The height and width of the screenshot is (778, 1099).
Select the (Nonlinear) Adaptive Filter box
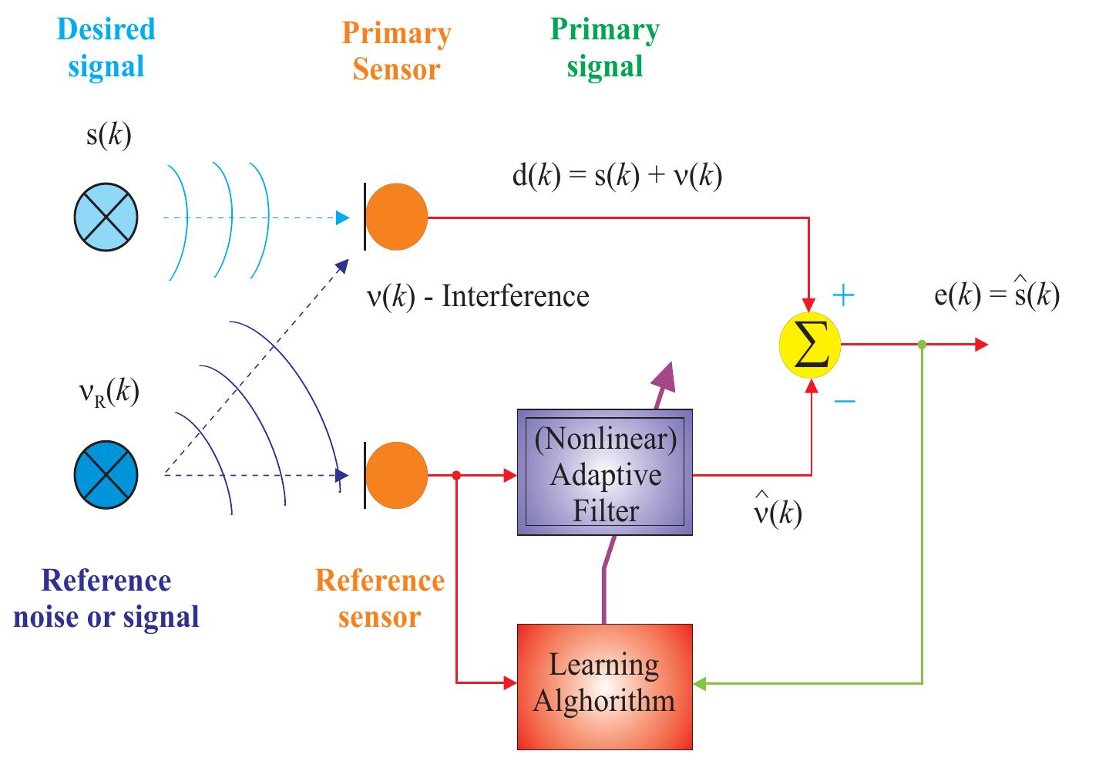(x=604, y=473)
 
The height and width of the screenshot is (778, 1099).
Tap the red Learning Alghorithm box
(x=604, y=686)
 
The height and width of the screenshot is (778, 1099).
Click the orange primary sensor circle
(x=396, y=217)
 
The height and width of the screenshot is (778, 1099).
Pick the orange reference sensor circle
(x=396, y=475)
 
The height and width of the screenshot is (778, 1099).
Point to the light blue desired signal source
(x=106, y=217)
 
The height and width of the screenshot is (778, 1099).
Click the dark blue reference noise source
(x=106, y=475)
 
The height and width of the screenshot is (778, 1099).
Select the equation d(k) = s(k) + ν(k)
(x=617, y=177)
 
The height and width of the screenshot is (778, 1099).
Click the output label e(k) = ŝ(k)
(x=996, y=295)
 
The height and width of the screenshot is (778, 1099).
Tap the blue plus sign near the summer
(x=845, y=295)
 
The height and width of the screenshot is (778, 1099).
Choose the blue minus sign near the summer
(x=845, y=400)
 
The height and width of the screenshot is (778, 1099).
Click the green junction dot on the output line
(x=922, y=345)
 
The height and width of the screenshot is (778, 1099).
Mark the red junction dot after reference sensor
(x=456, y=475)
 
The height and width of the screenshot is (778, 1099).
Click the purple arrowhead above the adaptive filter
(x=662, y=376)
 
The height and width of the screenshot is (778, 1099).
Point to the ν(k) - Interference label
(x=478, y=296)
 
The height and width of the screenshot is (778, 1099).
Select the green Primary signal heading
(x=605, y=48)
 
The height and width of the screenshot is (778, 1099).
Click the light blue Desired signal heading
(x=106, y=48)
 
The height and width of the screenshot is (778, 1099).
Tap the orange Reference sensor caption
(x=379, y=598)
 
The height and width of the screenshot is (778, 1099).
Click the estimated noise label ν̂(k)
(x=777, y=512)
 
